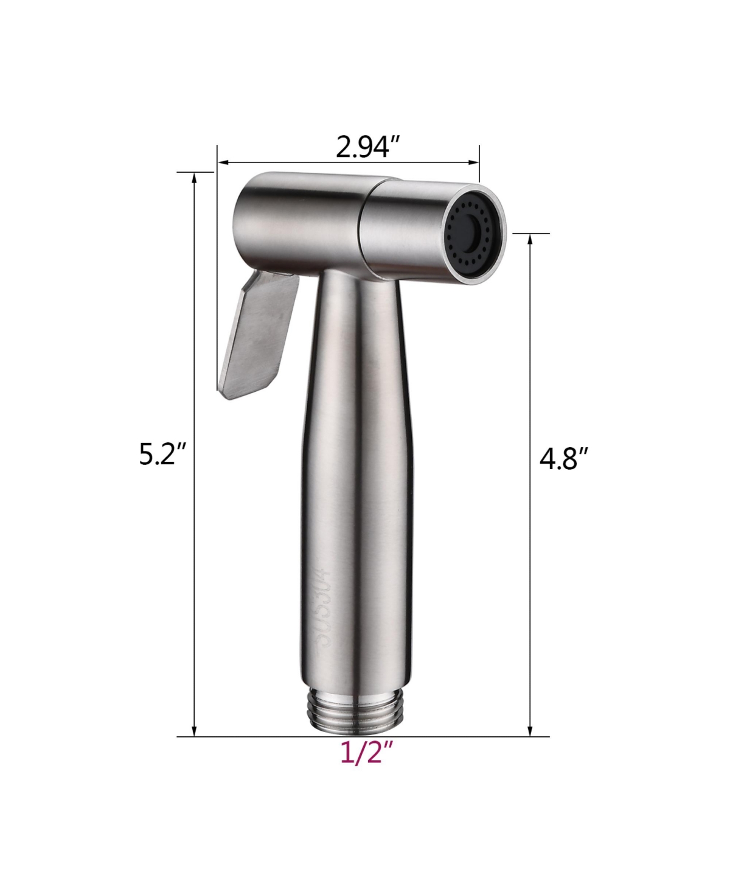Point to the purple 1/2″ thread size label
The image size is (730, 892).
pos(364,754)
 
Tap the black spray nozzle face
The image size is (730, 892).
pos(475,233)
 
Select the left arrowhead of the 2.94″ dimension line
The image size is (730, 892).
pos(223,162)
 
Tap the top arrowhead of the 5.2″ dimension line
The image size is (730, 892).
pos(195,178)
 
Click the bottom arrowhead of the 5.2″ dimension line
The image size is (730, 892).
pos(195,731)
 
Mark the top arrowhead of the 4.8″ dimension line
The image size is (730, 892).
pos(530,239)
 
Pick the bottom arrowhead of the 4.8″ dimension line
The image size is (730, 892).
pos(530,731)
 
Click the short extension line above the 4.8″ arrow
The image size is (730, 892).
pos(530,233)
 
